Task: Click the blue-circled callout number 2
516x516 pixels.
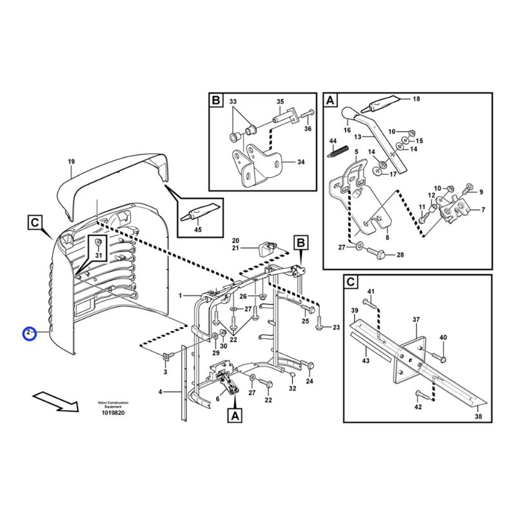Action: coord(28,333)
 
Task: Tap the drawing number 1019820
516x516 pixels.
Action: coord(113,413)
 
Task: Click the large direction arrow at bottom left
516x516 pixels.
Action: coord(55,401)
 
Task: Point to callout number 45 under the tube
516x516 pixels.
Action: coord(197,230)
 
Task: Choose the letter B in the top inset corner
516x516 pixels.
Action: coord(215,101)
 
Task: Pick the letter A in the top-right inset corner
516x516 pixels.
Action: coord(330,101)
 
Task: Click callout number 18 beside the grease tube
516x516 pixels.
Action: coord(416,99)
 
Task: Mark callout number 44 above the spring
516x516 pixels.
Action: coord(333,141)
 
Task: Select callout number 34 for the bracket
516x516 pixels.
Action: coord(301,162)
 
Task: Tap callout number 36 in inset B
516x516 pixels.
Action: coord(308,129)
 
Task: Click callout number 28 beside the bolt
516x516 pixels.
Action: coord(400,255)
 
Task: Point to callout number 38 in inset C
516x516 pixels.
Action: coord(479,417)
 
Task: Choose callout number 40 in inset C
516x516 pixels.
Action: coord(443,337)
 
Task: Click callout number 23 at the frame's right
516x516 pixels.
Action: coord(336,328)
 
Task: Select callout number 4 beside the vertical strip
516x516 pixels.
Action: coord(160,392)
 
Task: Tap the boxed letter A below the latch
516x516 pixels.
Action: coord(233,417)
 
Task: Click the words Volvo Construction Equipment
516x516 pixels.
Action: coord(113,405)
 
